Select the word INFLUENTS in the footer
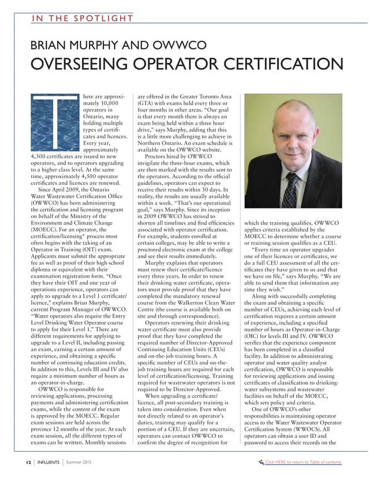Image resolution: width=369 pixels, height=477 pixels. tap(48, 463)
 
